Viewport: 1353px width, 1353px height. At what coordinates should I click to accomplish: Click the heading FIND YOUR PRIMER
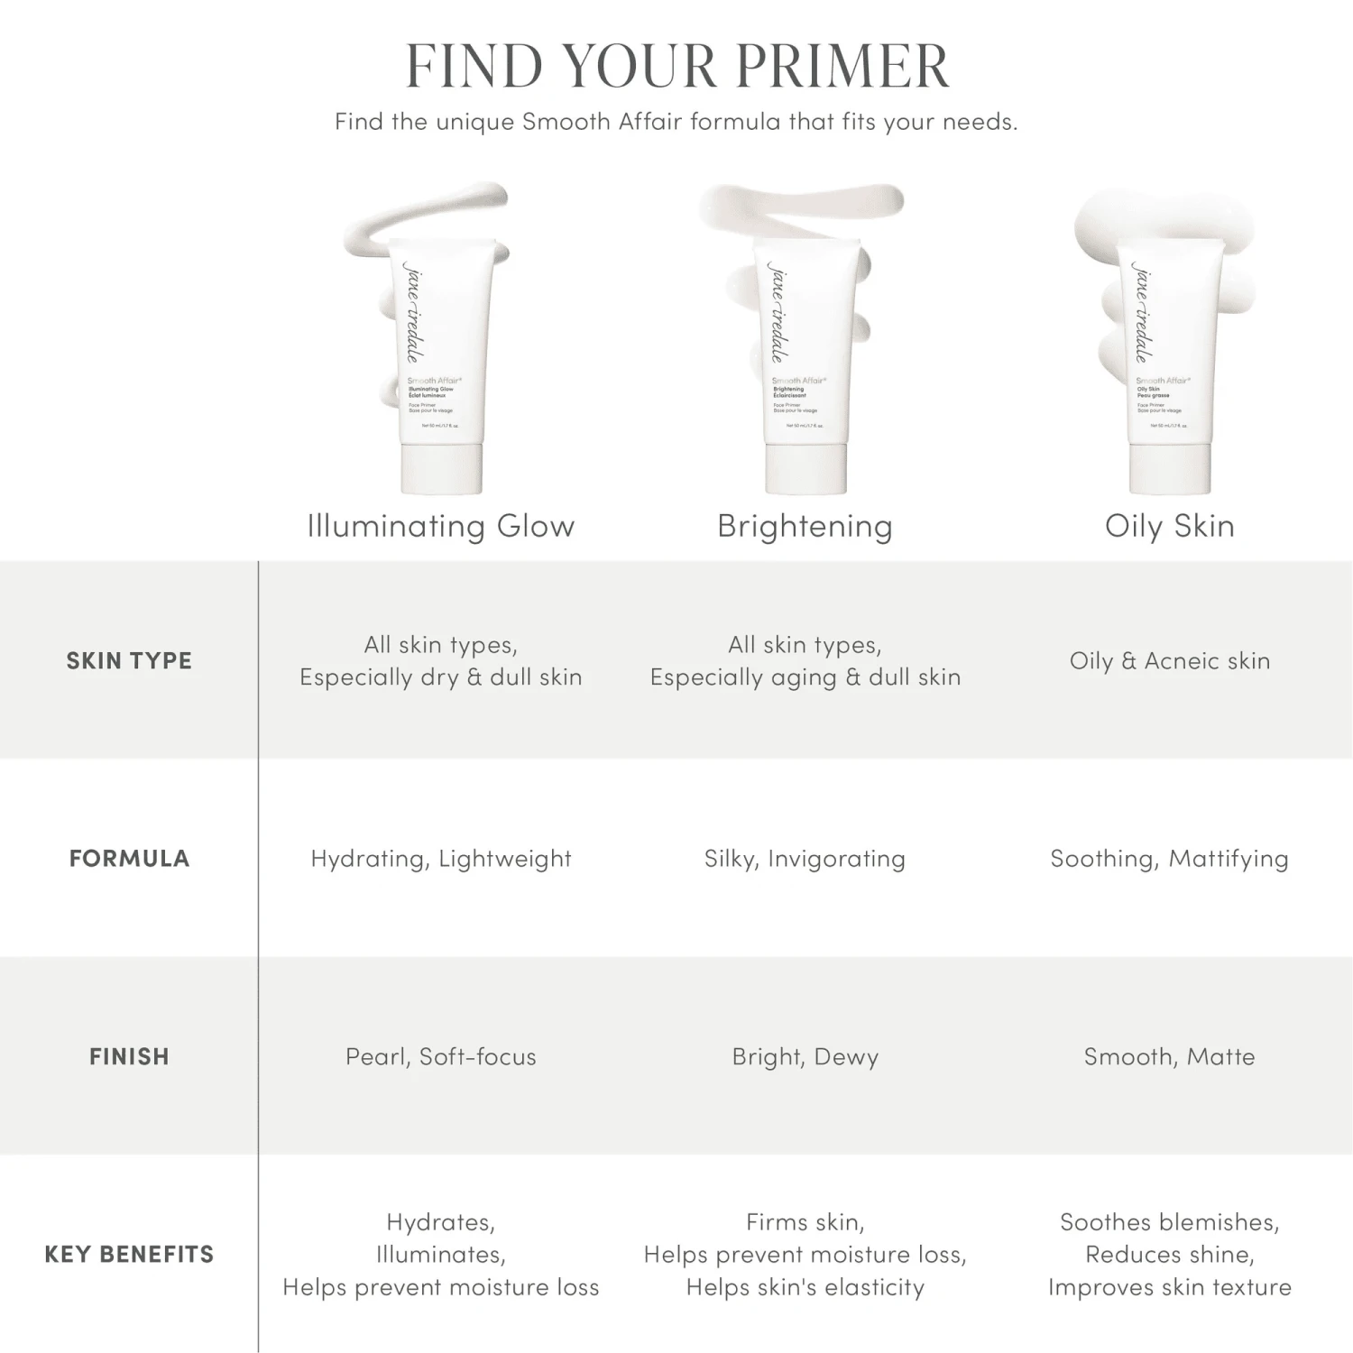click(x=676, y=66)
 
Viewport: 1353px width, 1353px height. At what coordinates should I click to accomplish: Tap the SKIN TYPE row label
click(x=129, y=660)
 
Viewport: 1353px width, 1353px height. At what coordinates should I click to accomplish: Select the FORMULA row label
click(x=129, y=858)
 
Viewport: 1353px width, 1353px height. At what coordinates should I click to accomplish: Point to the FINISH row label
click(x=129, y=1056)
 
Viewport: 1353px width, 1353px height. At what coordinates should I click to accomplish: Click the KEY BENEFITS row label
click(x=129, y=1254)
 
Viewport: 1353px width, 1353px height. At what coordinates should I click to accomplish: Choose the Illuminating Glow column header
click(x=441, y=526)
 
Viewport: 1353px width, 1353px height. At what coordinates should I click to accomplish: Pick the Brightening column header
click(x=805, y=526)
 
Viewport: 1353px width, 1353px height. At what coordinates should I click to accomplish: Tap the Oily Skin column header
click(x=1169, y=526)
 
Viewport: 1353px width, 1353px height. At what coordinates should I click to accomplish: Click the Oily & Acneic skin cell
click(x=1169, y=660)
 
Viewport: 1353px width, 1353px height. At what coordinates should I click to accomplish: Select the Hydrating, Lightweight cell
click(x=441, y=858)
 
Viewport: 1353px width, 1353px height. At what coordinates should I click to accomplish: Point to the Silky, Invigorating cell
click(x=805, y=858)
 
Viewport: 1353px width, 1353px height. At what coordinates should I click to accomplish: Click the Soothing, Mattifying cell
click(x=1169, y=858)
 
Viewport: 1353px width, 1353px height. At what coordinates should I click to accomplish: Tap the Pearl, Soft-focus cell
click(x=441, y=1056)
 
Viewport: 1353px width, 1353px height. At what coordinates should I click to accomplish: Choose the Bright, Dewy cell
click(x=805, y=1056)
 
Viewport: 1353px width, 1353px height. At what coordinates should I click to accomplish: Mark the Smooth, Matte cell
click(x=1169, y=1056)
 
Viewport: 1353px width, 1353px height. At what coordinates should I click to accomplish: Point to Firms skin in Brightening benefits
click(x=805, y=1222)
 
